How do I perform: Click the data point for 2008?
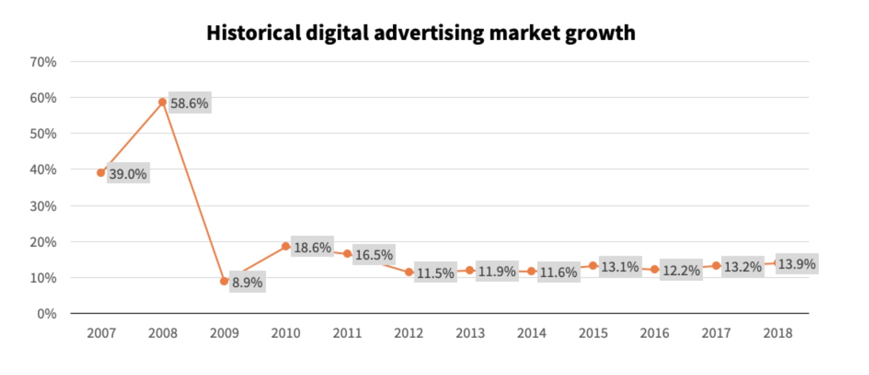pyautogui.click(x=163, y=102)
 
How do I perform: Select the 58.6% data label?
pyautogui.click(x=189, y=103)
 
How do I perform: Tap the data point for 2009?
pyautogui.click(x=224, y=281)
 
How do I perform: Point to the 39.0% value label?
pyautogui.click(x=128, y=174)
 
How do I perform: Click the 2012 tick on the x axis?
pyautogui.click(x=408, y=333)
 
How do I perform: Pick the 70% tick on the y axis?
pyautogui.click(x=43, y=62)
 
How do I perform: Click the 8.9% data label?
pyautogui.click(x=247, y=283)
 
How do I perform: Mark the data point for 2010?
pyautogui.click(x=286, y=247)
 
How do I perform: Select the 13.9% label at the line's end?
pyautogui.click(x=796, y=264)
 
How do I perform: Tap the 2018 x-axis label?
pyautogui.click(x=777, y=333)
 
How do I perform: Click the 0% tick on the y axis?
pyautogui.click(x=47, y=314)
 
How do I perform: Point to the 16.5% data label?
pyautogui.click(x=374, y=255)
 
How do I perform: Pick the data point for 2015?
pyautogui.click(x=593, y=266)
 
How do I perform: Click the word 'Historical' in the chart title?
pyautogui.click(x=254, y=33)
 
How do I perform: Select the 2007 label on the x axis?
pyautogui.click(x=101, y=333)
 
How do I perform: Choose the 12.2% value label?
pyautogui.click(x=681, y=271)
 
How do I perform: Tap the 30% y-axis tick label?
pyautogui.click(x=43, y=206)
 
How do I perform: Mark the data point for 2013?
pyautogui.click(x=470, y=271)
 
